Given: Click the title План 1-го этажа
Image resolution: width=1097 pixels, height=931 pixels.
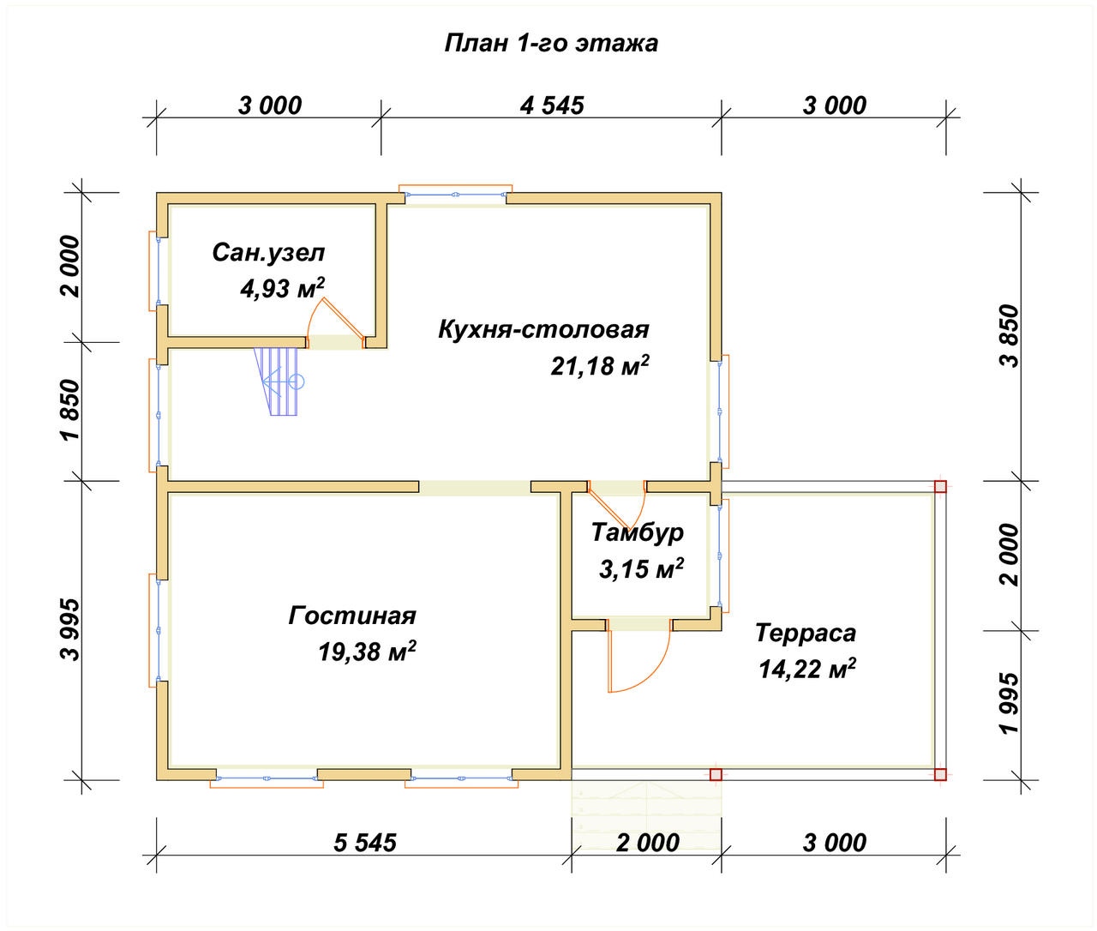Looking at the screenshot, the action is (551, 44).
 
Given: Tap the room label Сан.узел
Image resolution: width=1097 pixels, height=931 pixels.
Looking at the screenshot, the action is (268, 253).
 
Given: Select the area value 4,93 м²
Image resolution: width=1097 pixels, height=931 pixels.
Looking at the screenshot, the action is (282, 288).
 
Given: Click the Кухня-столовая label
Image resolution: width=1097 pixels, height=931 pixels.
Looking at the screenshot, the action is (543, 329).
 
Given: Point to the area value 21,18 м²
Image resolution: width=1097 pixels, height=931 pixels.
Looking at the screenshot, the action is (600, 365).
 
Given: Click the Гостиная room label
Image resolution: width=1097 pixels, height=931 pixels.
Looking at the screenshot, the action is (352, 616).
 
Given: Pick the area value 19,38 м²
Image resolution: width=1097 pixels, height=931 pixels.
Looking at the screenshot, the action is (367, 652).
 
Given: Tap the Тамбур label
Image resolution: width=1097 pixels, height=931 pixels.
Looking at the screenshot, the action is (638, 532).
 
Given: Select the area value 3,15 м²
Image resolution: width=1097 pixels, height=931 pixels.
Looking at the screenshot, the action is (641, 568).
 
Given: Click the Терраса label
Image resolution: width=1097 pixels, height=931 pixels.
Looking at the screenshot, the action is (806, 634).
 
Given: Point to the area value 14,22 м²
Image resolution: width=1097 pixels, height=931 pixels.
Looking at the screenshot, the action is (807, 669).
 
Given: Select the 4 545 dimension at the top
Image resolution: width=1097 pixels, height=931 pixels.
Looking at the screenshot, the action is (552, 105).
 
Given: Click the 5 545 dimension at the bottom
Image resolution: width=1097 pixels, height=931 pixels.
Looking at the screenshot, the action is (365, 843).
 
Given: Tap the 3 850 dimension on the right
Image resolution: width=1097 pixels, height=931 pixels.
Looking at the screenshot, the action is (1010, 336).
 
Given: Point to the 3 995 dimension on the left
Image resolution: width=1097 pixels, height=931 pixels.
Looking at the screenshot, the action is (70, 630).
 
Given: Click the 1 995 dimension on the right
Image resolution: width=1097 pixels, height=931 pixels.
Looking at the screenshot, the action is (1010, 704).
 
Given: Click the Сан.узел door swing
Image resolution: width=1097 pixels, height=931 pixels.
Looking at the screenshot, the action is (335, 318).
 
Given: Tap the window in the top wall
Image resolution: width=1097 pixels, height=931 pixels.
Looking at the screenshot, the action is (455, 195).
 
